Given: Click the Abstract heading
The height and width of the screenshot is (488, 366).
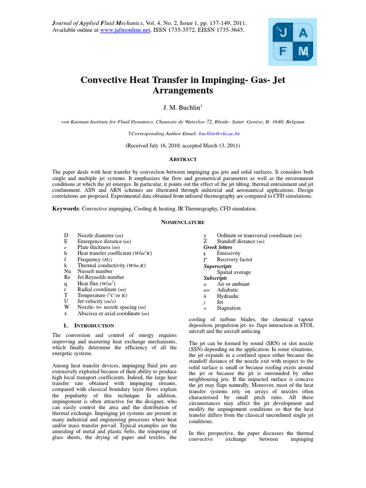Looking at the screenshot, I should tap(183, 159).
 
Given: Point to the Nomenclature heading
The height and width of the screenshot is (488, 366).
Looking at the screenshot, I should tap(183, 222).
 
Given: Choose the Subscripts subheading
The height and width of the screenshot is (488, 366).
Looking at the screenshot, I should tap(215, 278).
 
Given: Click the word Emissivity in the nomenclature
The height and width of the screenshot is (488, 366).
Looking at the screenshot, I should tap(229, 254).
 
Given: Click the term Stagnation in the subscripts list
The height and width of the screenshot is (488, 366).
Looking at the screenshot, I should tap(230, 308).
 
